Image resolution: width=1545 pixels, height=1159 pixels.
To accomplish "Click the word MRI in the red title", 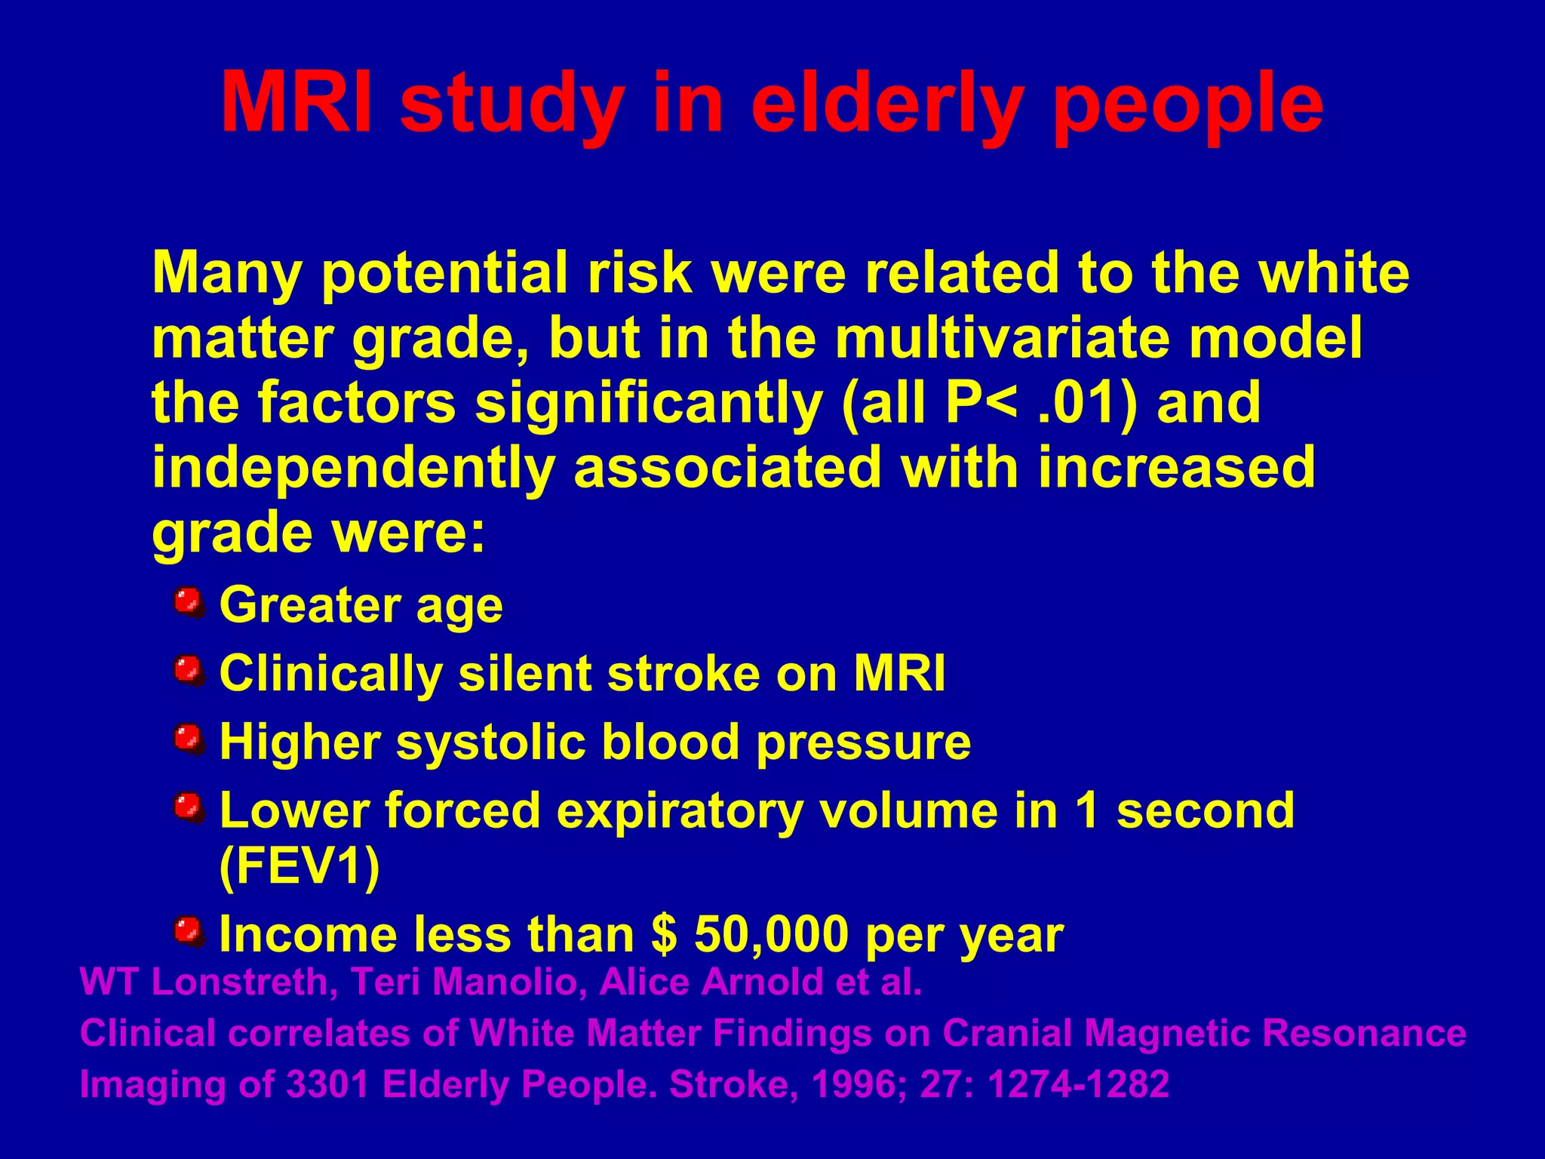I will [x=296, y=103].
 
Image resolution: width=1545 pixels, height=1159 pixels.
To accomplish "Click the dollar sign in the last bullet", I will [x=663, y=934].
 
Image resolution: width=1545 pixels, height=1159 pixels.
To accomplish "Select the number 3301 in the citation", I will [x=328, y=1084].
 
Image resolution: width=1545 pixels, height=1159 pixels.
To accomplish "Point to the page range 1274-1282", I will [x=1078, y=1084].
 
